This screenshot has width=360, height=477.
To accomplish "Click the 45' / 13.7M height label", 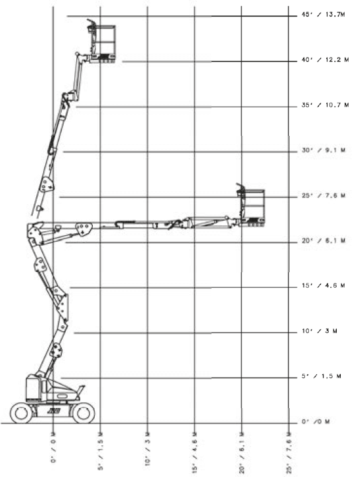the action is point(323,15).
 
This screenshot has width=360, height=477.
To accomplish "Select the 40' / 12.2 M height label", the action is point(325,60).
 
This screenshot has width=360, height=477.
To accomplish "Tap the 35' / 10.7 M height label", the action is point(325,105).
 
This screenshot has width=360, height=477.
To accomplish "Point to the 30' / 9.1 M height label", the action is point(324,150).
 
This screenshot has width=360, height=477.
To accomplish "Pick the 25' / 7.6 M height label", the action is point(324,195).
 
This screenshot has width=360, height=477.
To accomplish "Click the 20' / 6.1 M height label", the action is point(324,240).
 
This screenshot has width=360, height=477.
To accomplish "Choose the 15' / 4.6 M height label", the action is point(323,286).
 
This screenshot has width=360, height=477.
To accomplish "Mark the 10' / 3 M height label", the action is point(319,331).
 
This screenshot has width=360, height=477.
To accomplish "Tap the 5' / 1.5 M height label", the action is point(322,376).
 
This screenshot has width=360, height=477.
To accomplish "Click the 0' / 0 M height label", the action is point(316,421).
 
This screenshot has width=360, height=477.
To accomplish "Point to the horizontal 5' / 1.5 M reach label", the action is point(100,451).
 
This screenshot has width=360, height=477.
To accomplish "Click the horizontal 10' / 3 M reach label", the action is point(148,449).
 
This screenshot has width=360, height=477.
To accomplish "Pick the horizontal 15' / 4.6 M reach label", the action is point(195,452).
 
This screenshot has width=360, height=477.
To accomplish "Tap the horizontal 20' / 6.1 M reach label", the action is point(242,452).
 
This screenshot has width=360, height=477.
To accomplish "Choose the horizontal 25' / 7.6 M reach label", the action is point(289,452).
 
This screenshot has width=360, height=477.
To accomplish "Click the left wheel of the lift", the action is point(21,413).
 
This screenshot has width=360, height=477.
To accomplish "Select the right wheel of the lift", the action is point(83,413).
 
